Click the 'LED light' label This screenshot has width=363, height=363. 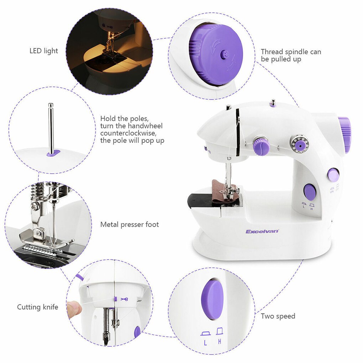(x=43, y=51)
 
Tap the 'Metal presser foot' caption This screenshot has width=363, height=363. (x=130, y=225)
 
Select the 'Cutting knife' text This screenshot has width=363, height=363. (x=37, y=307)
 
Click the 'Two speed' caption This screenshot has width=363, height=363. (x=278, y=316)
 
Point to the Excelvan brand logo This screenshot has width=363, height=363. (x=262, y=231)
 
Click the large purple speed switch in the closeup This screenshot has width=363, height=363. (x=212, y=299)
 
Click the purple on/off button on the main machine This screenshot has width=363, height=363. (x=333, y=174)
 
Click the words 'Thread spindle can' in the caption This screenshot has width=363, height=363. (x=291, y=52)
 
